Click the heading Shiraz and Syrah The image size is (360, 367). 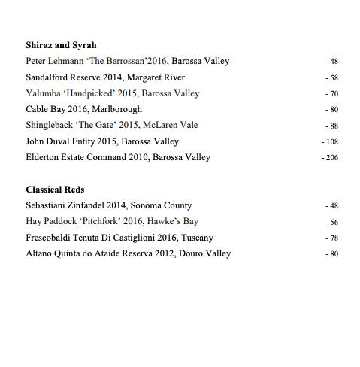pyautogui.click(x=61, y=45)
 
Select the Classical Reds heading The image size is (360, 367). pyautogui.click(x=55, y=190)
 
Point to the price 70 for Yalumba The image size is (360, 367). pyautogui.click(x=332, y=94)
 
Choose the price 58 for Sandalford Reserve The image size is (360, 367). pyautogui.click(x=332, y=78)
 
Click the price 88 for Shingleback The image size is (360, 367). pyautogui.click(x=332, y=126)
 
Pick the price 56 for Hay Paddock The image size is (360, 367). pyautogui.click(x=332, y=223)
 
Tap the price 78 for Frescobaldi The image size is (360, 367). pyautogui.click(x=332, y=238)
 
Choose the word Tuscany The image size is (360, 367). pyautogui.click(x=198, y=238)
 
